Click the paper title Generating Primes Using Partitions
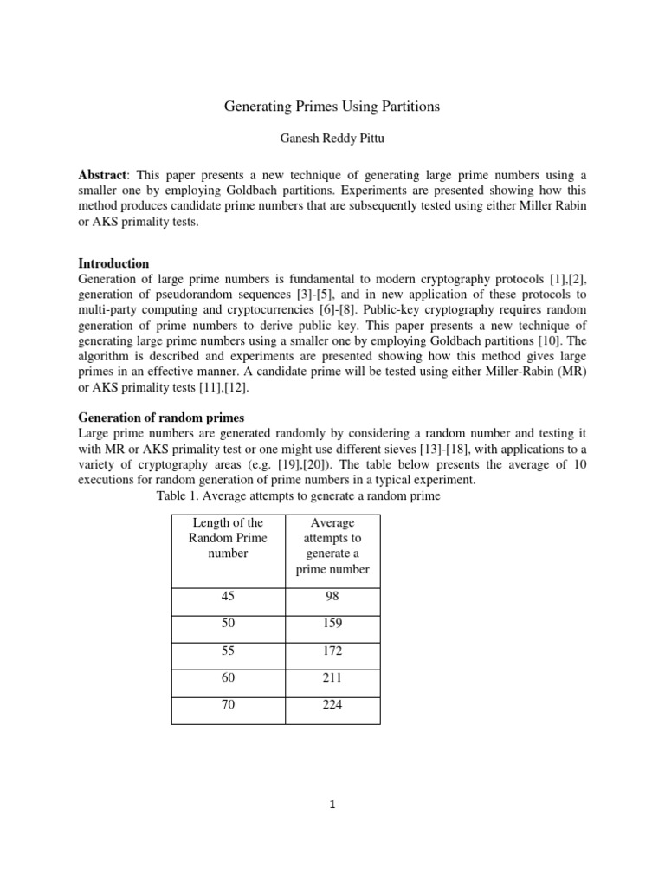[x=332, y=107]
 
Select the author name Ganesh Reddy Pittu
[x=332, y=139]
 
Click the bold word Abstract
[x=101, y=174]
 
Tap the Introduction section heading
[x=113, y=263]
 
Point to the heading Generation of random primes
[x=161, y=418]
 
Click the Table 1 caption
[x=298, y=496]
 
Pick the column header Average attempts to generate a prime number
[x=332, y=546]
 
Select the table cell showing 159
[x=332, y=624]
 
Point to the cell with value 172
[x=332, y=651]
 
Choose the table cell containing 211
[x=332, y=677]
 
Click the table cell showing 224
[x=332, y=704]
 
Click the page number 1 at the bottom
[x=332, y=805]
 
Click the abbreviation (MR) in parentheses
[x=571, y=372]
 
